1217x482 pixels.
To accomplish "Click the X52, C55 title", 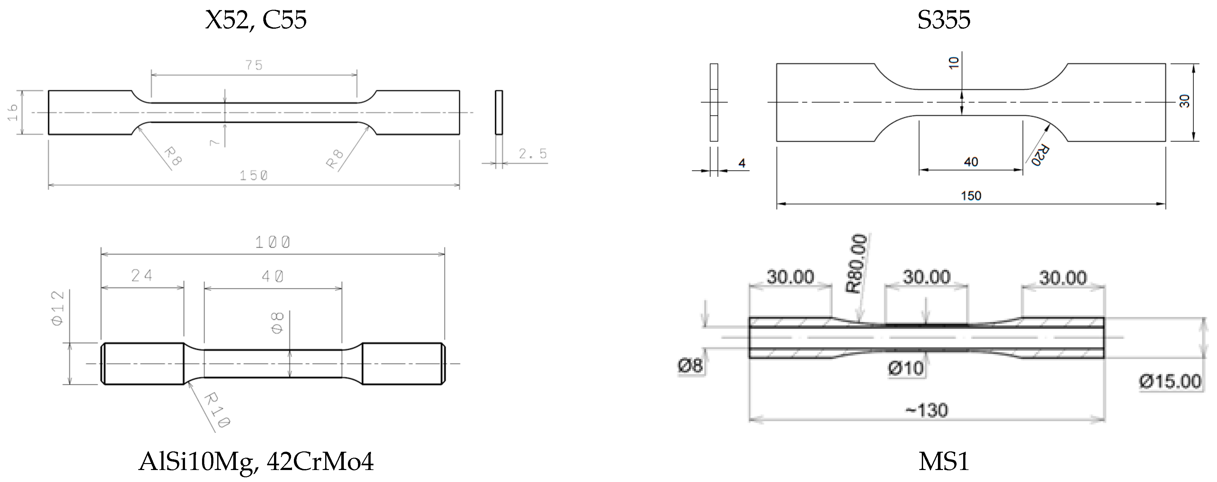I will (256, 20).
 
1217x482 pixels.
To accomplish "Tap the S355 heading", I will (944, 20).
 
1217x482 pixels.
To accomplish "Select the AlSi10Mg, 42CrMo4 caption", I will (256, 462).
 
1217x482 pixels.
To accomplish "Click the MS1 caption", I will (944, 462).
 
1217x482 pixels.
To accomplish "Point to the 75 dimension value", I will (254, 65).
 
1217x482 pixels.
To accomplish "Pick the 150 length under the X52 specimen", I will (254, 176).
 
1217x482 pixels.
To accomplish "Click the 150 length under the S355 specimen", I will (971, 196).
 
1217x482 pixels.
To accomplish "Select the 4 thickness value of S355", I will (742, 163).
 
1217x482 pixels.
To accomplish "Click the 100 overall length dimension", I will (272, 243).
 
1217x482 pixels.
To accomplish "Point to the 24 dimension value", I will (142, 275).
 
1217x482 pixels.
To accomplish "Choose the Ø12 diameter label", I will (58, 308).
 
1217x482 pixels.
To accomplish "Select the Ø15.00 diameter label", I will (1170, 381).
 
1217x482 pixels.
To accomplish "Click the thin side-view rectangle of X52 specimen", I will (499, 112).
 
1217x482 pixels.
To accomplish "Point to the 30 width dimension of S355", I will (1184, 101).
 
